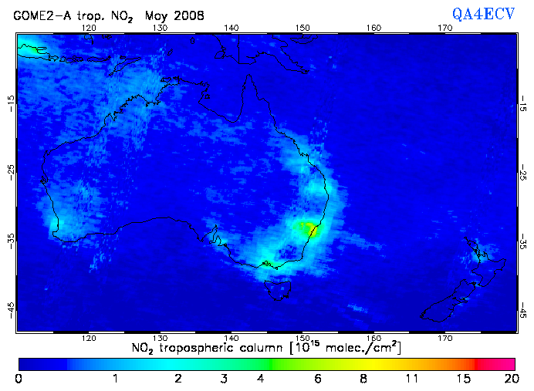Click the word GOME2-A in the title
[39, 15]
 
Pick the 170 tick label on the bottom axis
[445, 338]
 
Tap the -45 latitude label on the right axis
[523, 309]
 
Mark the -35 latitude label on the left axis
[11, 240]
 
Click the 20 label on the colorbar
[509, 379]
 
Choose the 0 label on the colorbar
[19, 379]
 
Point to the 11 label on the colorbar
[412, 379]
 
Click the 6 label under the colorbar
[317, 379]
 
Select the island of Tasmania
[277, 290]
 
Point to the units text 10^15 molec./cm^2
[347, 348]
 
